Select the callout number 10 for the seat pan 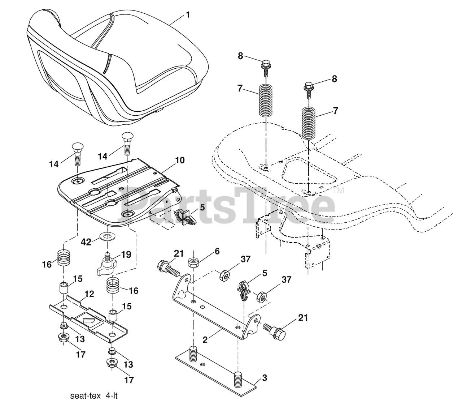(179, 160)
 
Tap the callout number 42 (86, 242)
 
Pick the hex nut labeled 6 (194, 262)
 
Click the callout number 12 (89, 294)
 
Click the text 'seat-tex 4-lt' (94, 396)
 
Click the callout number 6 (217, 251)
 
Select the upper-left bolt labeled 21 (167, 268)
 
